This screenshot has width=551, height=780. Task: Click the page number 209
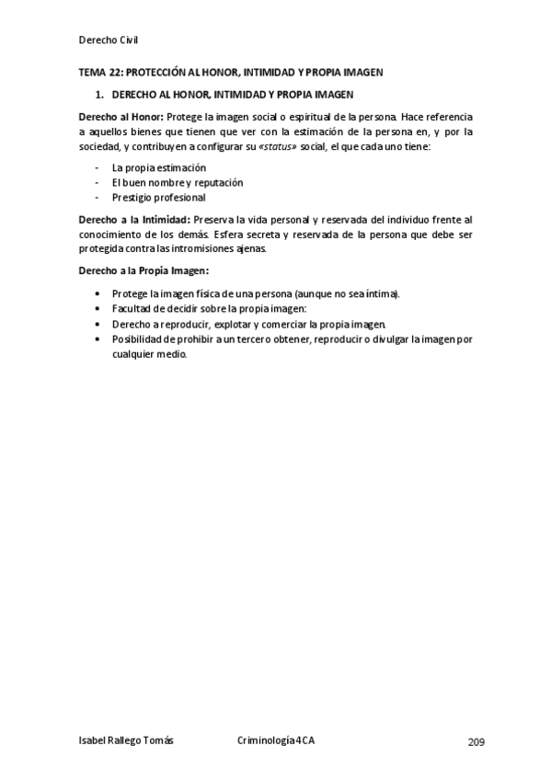tap(476, 742)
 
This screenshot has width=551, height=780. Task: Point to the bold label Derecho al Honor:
tap(121, 117)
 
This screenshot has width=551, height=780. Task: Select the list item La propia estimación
tap(158, 167)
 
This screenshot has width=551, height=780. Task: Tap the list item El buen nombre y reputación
tap(177, 182)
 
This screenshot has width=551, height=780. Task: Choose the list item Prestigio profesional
tap(158, 197)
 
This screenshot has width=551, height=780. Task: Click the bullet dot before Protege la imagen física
tap(98, 293)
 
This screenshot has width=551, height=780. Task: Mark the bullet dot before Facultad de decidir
tap(98, 309)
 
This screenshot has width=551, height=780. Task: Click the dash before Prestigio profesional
tap(98, 197)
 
